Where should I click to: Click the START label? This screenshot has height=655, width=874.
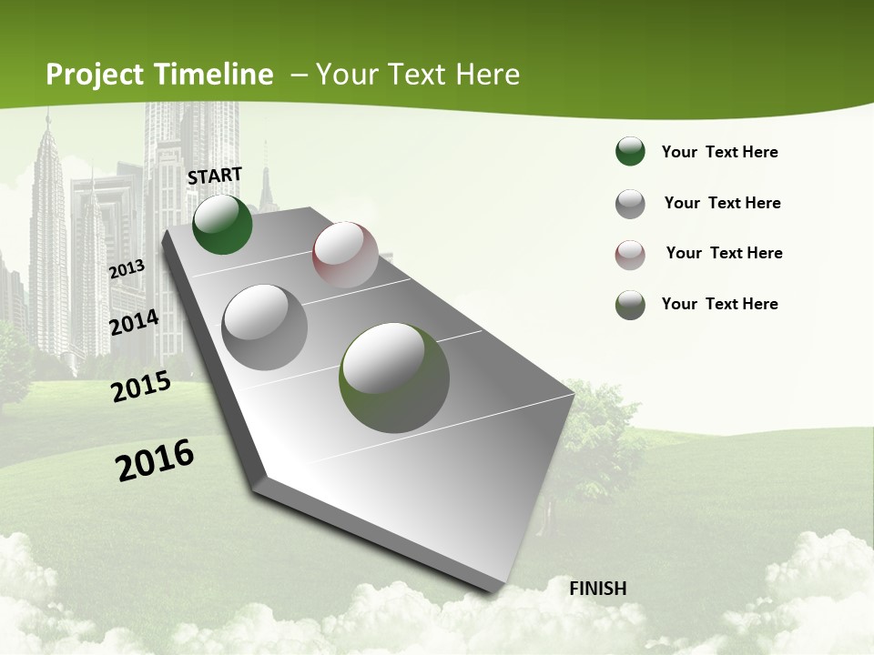coord(215,176)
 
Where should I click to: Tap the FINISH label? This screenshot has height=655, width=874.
coord(598,589)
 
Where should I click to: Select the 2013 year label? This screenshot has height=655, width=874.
coord(127,269)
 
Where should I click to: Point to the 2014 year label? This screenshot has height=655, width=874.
coord(134,322)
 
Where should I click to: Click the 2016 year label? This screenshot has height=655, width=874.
coord(155,459)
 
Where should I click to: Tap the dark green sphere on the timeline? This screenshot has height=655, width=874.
coord(222,224)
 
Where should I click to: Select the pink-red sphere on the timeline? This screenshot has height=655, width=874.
coord(345,254)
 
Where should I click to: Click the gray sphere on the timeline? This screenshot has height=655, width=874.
coord(265,327)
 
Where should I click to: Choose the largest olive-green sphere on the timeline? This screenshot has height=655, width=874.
coord(394,377)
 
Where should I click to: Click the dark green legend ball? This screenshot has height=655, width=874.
coord(630,152)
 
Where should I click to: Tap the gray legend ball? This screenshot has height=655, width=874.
coord(630,204)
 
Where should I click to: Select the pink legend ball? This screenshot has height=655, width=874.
coord(630,254)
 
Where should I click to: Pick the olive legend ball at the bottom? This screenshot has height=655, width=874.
coord(630,305)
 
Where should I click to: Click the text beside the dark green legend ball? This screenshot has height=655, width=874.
coord(720,153)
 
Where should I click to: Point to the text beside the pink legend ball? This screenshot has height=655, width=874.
coord(724,253)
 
